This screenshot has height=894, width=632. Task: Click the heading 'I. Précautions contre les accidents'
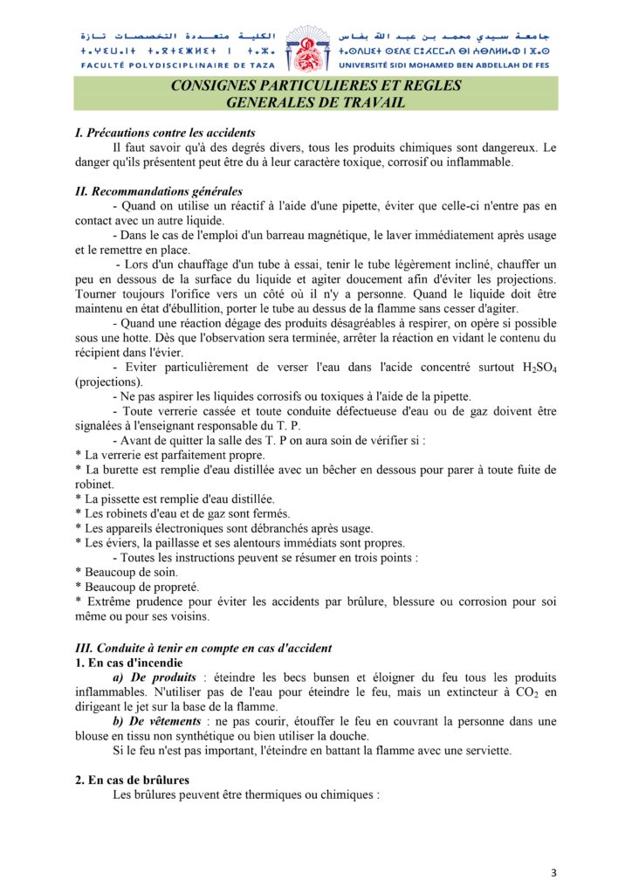point(165,134)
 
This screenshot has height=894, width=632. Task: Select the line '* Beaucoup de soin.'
point(115,572)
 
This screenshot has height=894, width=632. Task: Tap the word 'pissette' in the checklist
point(121,499)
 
